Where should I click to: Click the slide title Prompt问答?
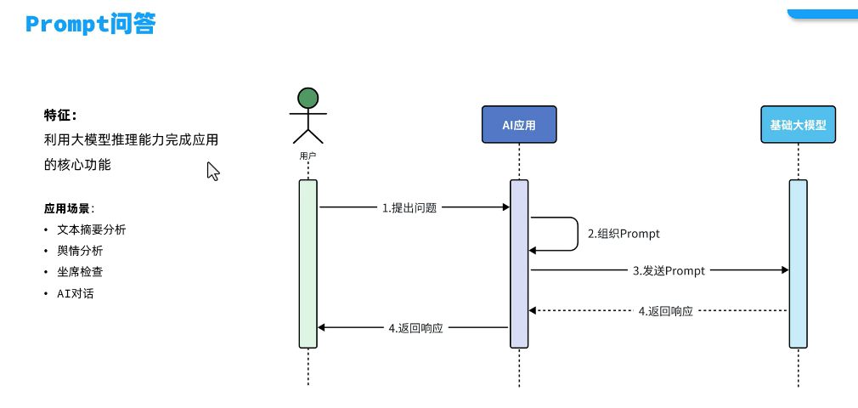[90, 24]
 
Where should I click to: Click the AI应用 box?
[518, 125]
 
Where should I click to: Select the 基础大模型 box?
[798, 125]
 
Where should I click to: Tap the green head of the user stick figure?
[308, 98]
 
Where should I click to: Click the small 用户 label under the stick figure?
[308, 156]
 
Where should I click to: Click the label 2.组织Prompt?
[624, 234]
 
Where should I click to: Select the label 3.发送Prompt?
[669, 270]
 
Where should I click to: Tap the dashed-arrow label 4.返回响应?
[665, 311]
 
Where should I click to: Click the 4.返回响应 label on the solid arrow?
[415, 328]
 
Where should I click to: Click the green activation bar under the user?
[308, 263]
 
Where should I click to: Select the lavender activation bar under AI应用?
[519, 263]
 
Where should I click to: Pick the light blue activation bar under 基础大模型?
[798, 263]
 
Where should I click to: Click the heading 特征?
[60, 115]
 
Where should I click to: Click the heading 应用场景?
[68, 208]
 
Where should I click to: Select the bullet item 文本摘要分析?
[91, 229]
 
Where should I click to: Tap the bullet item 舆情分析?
[80, 251]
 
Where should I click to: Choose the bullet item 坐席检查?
[80, 272]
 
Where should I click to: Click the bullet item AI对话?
[76, 293]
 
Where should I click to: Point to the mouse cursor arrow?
[212, 171]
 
